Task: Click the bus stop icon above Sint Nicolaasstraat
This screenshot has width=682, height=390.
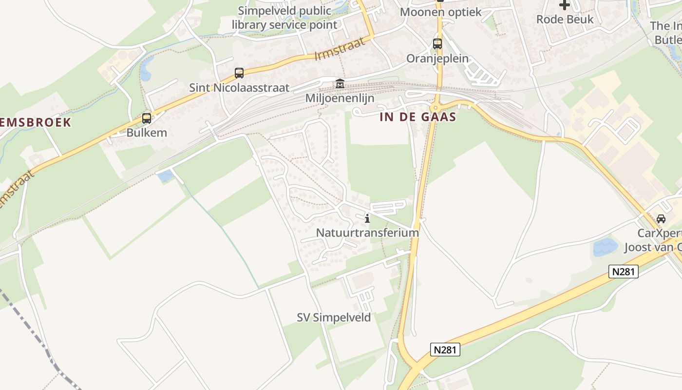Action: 239,73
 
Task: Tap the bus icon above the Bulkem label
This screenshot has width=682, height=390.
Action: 146,118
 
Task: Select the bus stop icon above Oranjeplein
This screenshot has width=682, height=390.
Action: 437,44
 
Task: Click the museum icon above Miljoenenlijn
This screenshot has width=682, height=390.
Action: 340,84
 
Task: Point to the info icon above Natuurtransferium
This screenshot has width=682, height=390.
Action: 367,218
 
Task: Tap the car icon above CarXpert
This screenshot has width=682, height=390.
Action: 661,219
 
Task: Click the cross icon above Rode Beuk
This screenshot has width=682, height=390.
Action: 565,5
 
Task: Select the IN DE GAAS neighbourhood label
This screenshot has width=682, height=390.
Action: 418,117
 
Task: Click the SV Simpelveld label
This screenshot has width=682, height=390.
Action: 334,317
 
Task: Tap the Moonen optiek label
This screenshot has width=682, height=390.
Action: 440,12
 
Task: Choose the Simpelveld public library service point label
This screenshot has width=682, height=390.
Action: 284,18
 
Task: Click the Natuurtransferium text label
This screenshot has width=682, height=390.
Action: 367,233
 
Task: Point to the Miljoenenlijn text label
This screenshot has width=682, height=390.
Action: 340,98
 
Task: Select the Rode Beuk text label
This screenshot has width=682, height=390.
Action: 565,19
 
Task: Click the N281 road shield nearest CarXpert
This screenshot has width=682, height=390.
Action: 623,272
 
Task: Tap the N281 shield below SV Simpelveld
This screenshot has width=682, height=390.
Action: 445,350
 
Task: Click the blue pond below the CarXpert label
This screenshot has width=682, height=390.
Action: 605,247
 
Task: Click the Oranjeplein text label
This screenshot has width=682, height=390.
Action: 437,58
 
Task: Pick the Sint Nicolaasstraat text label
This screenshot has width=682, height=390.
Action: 239,88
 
